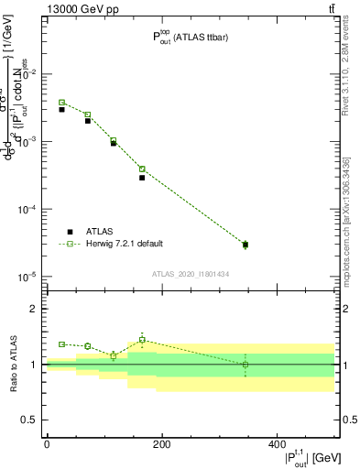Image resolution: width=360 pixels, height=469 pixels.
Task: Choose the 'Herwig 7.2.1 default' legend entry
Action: pyautogui.click(x=125, y=244)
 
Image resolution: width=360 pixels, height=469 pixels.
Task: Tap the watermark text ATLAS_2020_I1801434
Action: pyautogui.click(x=190, y=274)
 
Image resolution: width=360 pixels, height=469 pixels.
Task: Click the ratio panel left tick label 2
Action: pyautogui.click(x=33, y=309)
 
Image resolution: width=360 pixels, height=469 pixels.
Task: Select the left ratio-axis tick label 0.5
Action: pyautogui.click(x=29, y=420)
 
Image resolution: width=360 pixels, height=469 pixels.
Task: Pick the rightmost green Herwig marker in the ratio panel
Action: pyautogui.click(x=245, y=365)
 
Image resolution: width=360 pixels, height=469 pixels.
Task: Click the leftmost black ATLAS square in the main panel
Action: pyautogui.click(x=61, y=109)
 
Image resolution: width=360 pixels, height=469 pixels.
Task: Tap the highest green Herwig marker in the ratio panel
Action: pyautogui.click(x=142, y=340)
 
